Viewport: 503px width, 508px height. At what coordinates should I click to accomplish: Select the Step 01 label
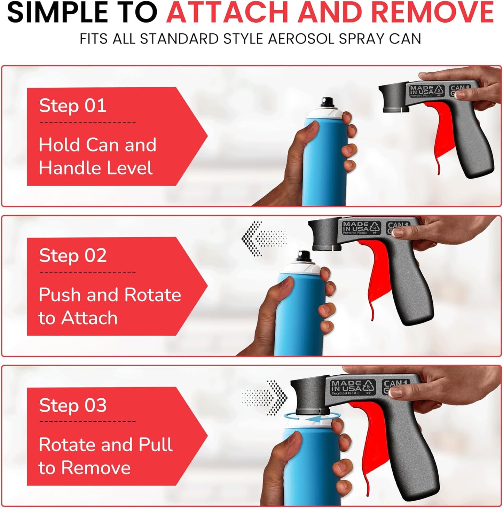[73, 105]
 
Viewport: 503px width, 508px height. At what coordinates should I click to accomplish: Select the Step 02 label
[73, 256]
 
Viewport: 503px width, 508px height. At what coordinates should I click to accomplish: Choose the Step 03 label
[73, 405]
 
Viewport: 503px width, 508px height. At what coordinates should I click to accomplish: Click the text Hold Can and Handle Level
[97, 156]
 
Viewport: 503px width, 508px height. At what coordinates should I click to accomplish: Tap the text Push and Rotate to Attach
[109, 306]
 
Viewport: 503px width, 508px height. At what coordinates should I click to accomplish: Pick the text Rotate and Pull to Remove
[105, 456]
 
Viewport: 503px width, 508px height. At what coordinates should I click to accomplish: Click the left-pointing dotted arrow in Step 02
[264, 239]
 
